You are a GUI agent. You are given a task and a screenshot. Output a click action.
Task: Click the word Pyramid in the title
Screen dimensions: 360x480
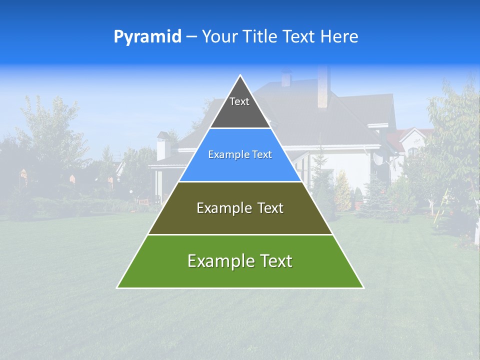(x=147, y=36)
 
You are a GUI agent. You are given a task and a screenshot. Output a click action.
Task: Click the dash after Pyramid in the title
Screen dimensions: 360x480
(x=191, y=37)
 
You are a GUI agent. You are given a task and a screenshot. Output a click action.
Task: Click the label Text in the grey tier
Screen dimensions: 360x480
(x=239, y=101)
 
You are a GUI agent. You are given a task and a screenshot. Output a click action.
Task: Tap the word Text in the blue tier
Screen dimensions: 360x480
(x=260, y=154)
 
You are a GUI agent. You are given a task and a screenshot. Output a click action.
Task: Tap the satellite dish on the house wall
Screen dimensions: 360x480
(x=379, y=158)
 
